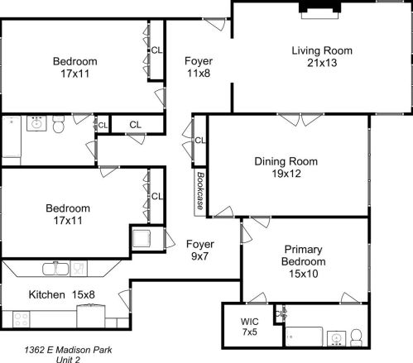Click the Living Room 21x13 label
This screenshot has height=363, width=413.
321,56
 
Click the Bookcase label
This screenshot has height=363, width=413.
200,192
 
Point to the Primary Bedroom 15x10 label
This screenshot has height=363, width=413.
304,261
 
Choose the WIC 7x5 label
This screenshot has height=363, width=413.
250,326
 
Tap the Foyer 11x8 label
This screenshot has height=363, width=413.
198,67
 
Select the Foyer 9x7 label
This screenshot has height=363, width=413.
199,251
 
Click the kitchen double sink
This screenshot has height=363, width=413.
56,269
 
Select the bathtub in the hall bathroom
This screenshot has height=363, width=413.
11,137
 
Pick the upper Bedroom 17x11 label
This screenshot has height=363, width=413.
74,67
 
